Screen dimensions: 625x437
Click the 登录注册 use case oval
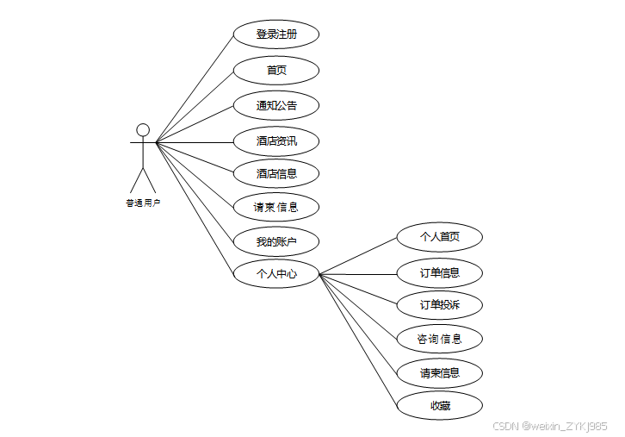(276, 34)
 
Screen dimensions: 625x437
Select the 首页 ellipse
(276, 71)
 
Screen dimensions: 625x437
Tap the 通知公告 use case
(276, 106)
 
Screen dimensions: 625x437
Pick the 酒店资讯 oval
(276, 140)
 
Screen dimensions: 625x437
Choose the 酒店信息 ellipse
(276, 173)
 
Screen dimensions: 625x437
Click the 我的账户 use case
(276, 241)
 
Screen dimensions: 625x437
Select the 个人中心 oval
(276, 274)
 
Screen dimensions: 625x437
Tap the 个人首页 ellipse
(439, 237)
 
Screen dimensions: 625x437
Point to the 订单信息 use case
(439, 273)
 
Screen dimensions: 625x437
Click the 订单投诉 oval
(439, 305)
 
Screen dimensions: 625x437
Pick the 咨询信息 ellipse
(439, 339)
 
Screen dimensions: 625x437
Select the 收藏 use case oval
(439, 406)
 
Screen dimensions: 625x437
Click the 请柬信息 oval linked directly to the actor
(276, 207)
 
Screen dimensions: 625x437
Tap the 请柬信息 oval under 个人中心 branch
(439, 373)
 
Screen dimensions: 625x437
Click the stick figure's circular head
(143, 130)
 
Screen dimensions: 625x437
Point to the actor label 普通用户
(143, 203)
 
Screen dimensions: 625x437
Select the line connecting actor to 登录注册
(195, 88)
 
